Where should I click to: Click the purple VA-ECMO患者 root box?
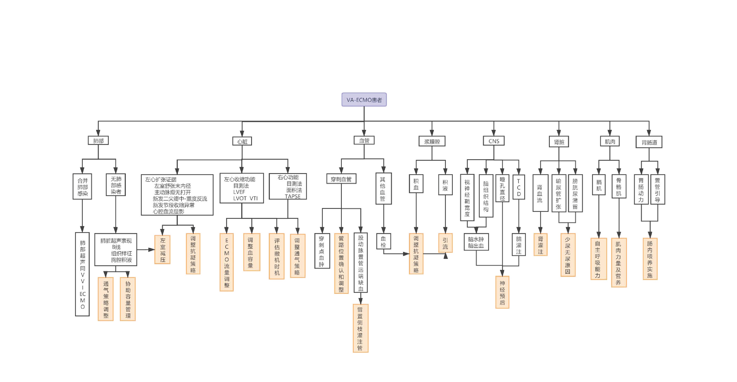[x=364, y=99]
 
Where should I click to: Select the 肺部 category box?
[x=98, y=141]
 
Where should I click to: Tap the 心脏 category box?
[x=242, y=141]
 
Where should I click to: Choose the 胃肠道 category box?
[x=649, y=142]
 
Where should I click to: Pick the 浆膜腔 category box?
[x=432, y=141]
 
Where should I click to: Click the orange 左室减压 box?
[x=163, y=249]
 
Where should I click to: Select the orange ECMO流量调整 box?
[x=227, y=262]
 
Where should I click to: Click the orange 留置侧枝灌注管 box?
[x=360, y=328]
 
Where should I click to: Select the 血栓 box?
[x=383, y=241]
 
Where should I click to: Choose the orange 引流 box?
[x=445, y=243]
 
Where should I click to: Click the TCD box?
[x=518, y=187]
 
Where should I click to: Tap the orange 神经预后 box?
[x=502, y=292]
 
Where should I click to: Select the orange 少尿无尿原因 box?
[x=568, y=255]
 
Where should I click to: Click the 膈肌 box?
[x=599, y=185]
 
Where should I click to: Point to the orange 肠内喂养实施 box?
[x=650, y=259]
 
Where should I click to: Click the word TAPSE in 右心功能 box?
[x=292, y=196]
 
